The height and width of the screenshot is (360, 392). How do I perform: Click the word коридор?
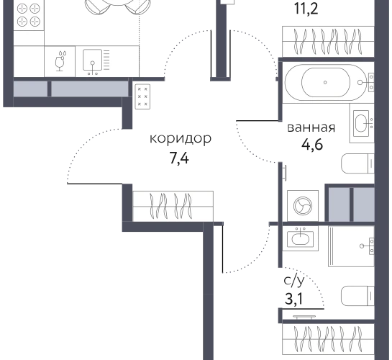tap(181, 138)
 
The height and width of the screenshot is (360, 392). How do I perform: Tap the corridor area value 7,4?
tap(179, 158)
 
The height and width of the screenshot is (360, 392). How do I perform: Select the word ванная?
tap(311, 127)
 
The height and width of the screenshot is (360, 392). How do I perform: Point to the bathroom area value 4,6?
tap(312, 144)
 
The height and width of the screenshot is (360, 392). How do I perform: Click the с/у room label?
tap(294, 281)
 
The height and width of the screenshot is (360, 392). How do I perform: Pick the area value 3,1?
tap(293, 299)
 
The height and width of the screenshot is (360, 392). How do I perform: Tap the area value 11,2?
tap(306, 9)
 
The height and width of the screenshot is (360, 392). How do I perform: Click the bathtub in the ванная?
tap(326, 82)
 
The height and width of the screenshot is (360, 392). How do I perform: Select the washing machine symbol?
tap(303, 206)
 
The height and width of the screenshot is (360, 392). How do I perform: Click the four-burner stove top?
tap(29, 15)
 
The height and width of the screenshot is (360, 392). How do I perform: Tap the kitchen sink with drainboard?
tap(96, 61)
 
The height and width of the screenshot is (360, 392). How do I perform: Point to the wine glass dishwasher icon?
tap(60, 61)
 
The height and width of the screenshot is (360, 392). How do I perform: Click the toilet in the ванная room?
tap(357, 163)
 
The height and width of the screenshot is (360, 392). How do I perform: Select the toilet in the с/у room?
tap(357, 296)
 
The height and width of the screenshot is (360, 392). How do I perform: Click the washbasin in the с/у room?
tap(300, 238)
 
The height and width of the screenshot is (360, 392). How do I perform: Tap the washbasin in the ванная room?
tap(362, 123)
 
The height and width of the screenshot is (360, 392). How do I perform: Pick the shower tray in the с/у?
tap(351, 246)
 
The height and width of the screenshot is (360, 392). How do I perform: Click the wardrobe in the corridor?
tap(173, 206)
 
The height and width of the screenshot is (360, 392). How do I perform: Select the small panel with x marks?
tap(142, 96)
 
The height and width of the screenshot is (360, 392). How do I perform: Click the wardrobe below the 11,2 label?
tap(328, 42)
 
